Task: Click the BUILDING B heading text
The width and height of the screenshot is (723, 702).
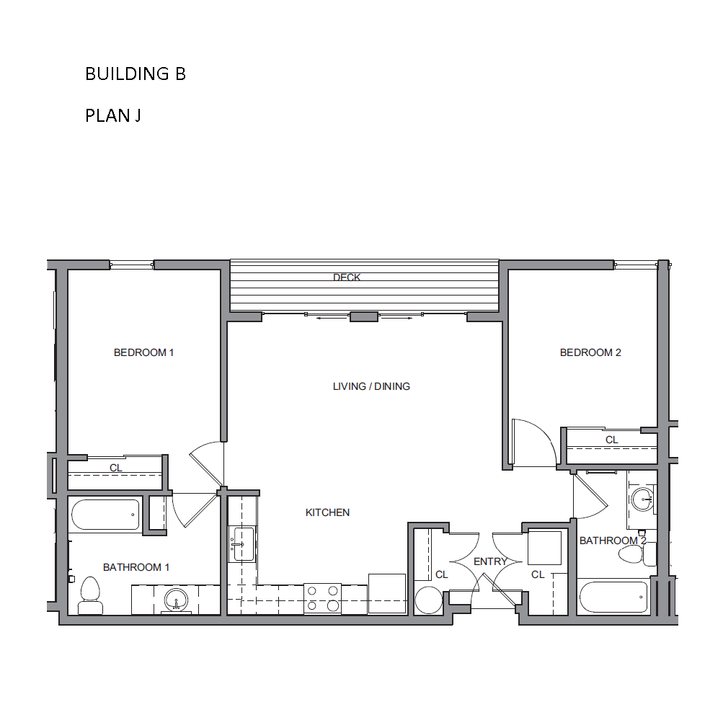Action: point(136,74)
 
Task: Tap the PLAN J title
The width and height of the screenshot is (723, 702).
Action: point(113,115)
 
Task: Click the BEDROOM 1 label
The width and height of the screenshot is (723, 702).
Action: point(144,352)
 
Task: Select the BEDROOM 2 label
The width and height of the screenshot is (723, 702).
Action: point(590,352)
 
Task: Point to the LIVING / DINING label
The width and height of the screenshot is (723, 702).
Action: point(372,386)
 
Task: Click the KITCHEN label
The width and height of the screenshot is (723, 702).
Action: point(327,512)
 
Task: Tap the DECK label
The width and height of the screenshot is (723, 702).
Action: point(347,277)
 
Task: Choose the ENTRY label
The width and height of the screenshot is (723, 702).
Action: point(491,561)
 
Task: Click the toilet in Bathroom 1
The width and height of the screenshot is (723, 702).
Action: point(90,595)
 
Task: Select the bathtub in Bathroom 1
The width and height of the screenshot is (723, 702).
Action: point(105,515)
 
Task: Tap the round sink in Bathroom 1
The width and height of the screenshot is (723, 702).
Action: point(176,600)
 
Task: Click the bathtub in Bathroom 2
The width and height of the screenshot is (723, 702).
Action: point(613,597)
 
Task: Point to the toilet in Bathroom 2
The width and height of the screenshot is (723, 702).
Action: point(636,555)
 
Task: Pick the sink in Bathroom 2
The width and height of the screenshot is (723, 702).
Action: point(642,499)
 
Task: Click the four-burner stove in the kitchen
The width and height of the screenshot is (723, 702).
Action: point(322,598)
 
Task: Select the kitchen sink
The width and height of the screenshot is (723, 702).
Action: point(241,544)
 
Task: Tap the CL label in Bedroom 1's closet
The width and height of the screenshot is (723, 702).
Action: point(116,468)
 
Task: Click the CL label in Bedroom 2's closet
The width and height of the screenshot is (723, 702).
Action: point(612,440)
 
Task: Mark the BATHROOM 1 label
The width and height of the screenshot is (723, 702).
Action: point(136,567)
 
